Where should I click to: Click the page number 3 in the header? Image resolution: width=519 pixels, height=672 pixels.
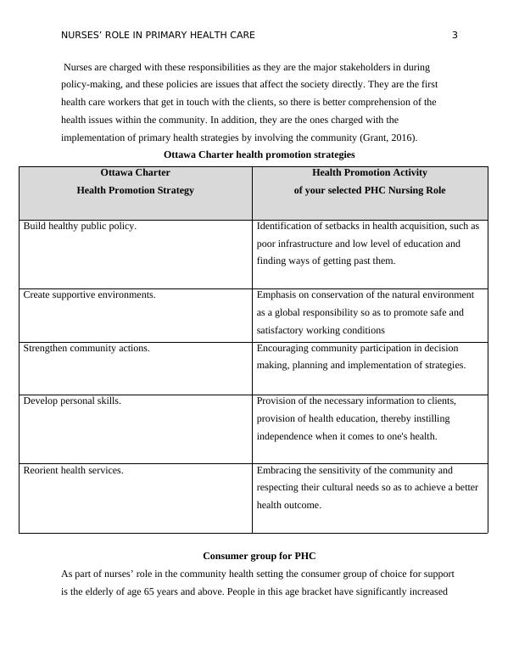(x=455, y=35)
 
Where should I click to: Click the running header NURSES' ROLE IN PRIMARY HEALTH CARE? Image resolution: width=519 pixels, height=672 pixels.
(x=158, y=35)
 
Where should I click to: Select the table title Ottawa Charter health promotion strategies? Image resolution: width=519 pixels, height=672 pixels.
(x=259, y=155)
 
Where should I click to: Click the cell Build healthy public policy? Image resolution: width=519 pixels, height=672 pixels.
(x=80, y=227)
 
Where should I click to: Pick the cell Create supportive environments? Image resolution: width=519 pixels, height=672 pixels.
(x=89, y=295)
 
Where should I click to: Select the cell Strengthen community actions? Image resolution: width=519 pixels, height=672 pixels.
(x=86, y=348)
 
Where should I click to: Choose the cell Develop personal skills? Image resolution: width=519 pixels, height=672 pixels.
(x=72, y=400)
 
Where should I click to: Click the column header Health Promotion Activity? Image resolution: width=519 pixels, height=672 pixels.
(x=369, y=173)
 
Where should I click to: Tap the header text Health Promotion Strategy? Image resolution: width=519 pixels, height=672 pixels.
(x=135, y=191)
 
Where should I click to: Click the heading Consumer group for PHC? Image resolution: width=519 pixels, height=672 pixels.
(x=259, y=557)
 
